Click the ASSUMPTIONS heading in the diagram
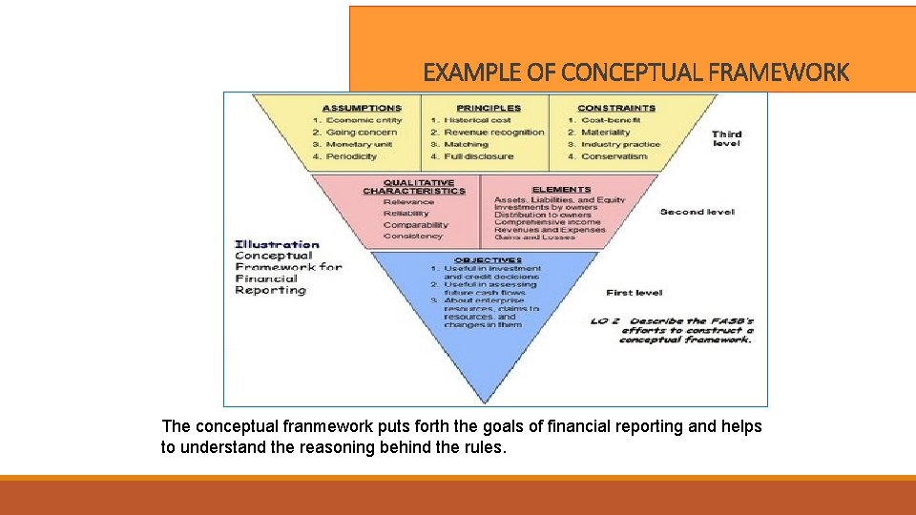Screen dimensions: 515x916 coord(362,108)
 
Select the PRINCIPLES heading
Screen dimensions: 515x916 coord(489,108)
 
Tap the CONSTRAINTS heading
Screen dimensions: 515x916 coord(616,108)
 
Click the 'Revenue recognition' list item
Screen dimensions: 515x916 coord(492,133)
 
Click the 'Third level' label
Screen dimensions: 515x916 coord(726,138)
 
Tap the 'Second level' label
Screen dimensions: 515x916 coord(697,212)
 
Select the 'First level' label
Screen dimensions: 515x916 coord(634,293)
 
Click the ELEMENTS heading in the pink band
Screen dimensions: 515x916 coord(561,190)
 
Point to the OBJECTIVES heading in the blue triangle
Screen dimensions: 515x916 coord(488,260)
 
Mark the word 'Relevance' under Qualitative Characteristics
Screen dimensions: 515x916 coord(408,202)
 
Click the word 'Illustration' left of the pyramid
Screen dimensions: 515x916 coord(277,244)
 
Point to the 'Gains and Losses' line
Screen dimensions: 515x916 coord(534,237)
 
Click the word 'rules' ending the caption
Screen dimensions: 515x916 coord(484,447)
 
